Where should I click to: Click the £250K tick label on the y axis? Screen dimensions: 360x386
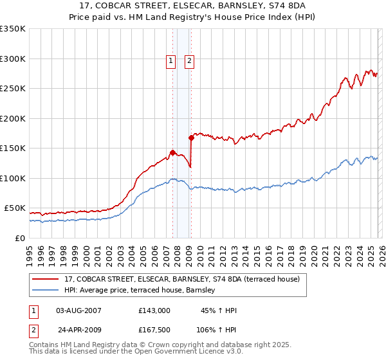pyautogui.click(x=13, y=89)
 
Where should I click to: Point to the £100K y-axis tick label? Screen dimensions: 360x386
pyautogui.click(x=13, y=178)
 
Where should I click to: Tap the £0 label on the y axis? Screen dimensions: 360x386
pyautogui.click(x=21, y=238)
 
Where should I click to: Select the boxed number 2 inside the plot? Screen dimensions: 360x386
pyautogui.click(x=190, y=62)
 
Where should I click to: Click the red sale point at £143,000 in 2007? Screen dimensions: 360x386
pyautogui.click(x=172, y=152)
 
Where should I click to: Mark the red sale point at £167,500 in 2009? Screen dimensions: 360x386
pyautogui.click(x=192, y=138)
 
